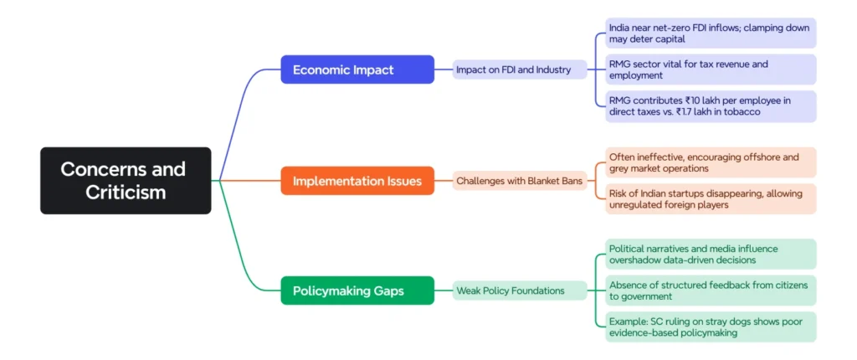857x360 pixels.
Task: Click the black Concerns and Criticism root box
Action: point(126,180)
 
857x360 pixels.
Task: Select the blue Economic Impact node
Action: point(357,69)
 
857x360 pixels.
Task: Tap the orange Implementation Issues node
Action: point(357,180)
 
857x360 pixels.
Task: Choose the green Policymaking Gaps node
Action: point(357,291)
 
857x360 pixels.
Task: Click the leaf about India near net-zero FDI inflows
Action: point(711,33)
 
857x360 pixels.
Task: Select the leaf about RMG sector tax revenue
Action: point(711,69)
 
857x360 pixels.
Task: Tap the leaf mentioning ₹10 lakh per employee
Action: point(711,106)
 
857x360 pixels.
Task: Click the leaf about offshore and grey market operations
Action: point(711,162)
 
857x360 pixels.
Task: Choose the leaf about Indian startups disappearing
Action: point(711,199)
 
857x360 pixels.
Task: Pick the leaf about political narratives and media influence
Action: point(711,254)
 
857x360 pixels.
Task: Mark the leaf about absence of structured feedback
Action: point(711,291)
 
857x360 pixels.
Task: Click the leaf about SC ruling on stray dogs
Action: point(711,327)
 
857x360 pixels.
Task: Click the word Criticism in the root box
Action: point(126,192)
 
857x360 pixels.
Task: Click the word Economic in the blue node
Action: point(324,69)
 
